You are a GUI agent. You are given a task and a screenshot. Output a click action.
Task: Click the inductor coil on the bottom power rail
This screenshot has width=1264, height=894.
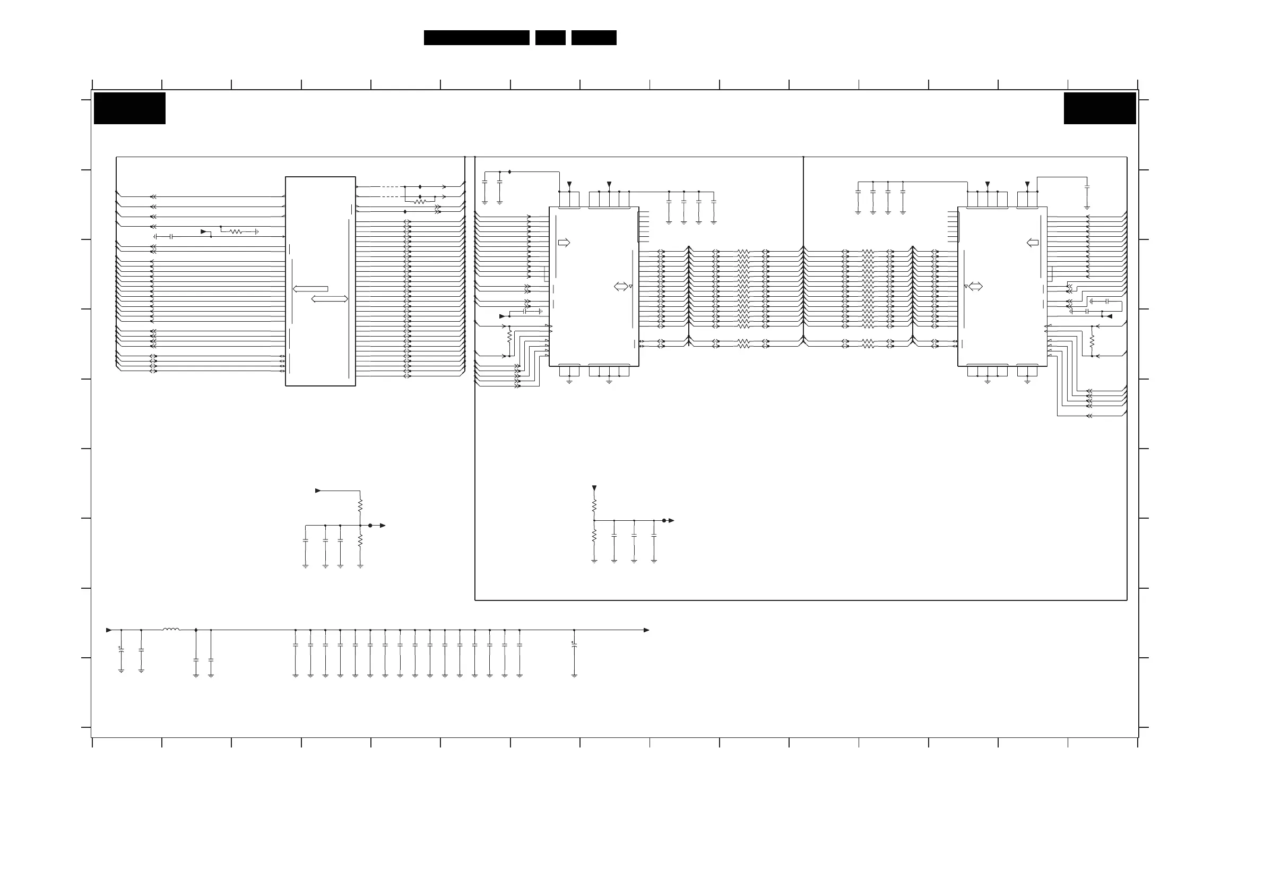171,629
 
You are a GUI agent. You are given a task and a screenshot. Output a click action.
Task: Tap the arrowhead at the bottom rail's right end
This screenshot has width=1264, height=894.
646,630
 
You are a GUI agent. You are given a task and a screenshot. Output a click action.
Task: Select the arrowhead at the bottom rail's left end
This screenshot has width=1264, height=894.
108,630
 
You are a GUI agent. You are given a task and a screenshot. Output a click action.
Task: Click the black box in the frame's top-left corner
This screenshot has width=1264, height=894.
129,108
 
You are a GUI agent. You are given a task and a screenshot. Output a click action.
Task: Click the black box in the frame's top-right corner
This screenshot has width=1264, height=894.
1099,108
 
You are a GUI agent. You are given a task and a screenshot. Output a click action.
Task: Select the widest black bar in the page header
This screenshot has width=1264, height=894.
476,38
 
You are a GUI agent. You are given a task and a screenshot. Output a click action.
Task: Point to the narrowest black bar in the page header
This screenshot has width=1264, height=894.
550,38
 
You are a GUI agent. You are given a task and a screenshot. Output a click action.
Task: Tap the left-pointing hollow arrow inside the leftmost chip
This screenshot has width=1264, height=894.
310,289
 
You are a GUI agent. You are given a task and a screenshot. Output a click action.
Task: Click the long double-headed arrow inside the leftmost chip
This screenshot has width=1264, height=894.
329,299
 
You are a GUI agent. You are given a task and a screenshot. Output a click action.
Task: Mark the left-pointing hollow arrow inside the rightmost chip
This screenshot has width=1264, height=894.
1033,243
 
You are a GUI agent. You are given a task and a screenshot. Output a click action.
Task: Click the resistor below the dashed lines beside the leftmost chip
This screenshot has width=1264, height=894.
420,202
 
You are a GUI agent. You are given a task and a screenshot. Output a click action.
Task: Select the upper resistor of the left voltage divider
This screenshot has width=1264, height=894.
360,504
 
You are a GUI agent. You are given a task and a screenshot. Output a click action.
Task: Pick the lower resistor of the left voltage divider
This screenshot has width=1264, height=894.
360,541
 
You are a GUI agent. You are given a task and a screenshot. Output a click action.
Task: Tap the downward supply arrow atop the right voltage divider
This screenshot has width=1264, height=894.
594,488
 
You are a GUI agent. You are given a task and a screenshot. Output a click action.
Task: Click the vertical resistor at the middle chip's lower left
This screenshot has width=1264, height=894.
509,335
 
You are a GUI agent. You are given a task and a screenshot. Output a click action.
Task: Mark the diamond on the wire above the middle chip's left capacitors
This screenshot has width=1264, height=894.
510,172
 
